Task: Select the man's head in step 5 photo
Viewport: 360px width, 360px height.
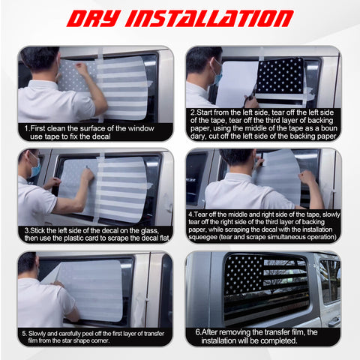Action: click(x=28, y=262)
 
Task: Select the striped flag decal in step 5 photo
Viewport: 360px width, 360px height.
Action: click(x=94, y=289)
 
